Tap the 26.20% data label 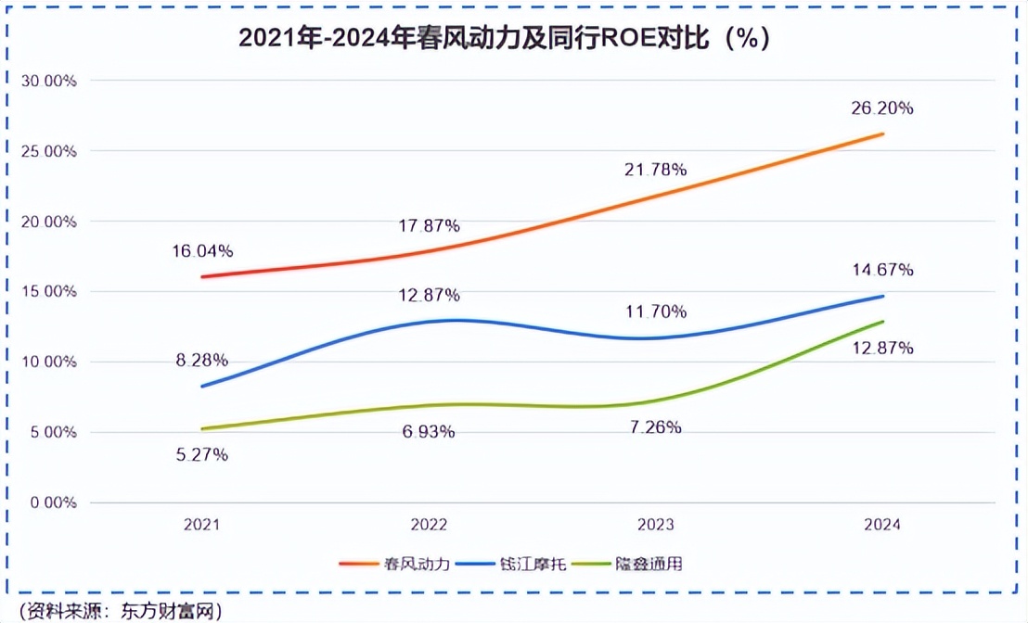[x=881, y=108]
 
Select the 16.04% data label [x=201, y=251]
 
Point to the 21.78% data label [x=655, y=170]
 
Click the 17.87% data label [x=428, y=225]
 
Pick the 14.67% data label [x=881, y=270]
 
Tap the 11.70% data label [x=655, y=311]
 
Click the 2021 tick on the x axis [x=201, y=525]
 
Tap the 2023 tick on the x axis [x=655, y=525]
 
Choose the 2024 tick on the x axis [x=881, y=525]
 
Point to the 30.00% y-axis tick [x=48, y=81]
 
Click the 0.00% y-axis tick [x=52, y=502]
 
